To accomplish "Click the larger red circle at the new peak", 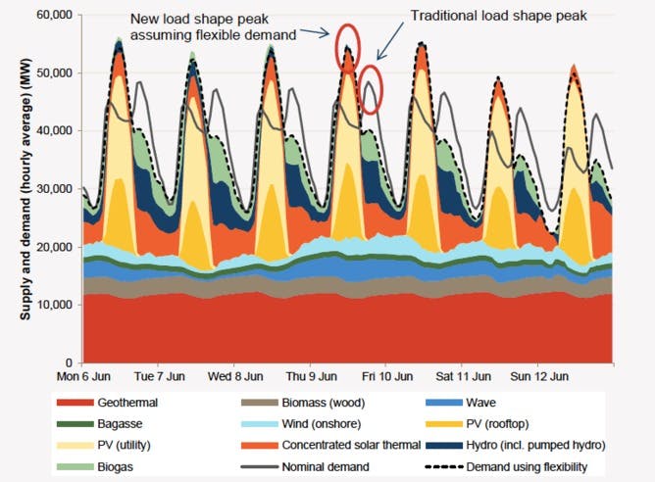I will tap(348, 44).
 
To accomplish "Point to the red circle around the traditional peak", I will tap(370, 89).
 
